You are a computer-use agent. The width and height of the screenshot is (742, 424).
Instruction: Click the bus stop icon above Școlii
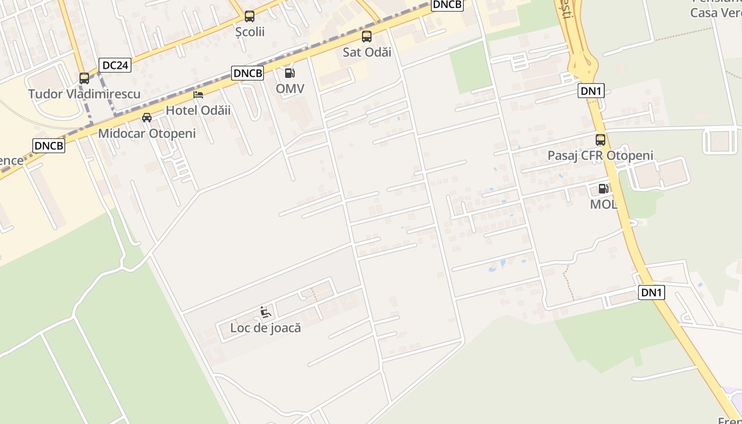coord(250,16)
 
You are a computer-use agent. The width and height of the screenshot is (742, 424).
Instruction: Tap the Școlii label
coord(250,32)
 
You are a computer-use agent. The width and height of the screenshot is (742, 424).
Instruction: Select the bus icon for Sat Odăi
coord(367,37)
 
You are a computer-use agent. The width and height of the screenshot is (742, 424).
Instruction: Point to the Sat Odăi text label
coord(367,52)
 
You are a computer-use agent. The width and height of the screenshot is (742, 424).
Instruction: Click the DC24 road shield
coord(115,65)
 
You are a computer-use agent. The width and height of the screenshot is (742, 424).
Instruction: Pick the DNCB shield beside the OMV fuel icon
coord(248,73)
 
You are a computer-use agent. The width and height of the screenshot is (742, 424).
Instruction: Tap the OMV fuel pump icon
coord(289,73)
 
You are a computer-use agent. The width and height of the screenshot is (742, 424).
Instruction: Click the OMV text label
coord(290,89)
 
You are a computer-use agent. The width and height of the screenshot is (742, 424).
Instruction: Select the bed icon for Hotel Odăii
coord(198,95)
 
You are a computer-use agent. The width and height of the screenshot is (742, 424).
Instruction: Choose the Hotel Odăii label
coord(198,110)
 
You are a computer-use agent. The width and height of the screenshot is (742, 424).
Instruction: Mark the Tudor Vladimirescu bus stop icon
coord(84,78)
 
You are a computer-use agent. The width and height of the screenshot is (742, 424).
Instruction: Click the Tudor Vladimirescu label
coord(84,94)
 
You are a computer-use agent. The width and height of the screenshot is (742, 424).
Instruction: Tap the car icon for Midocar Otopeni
coord(147,118)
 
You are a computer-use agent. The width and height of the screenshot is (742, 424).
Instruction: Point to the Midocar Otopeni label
coord(147,134)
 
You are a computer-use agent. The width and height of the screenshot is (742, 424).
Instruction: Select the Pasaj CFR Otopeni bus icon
coord(600,140)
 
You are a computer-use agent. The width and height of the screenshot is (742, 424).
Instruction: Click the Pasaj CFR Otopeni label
coord(600,156)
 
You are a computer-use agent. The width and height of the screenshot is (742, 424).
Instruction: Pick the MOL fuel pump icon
coord(603,189)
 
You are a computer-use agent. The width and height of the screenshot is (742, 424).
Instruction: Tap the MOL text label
coord(604,204)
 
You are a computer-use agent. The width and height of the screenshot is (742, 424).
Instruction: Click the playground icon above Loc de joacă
coord(266,312)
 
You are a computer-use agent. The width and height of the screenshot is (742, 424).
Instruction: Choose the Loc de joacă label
coord(266,328)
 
